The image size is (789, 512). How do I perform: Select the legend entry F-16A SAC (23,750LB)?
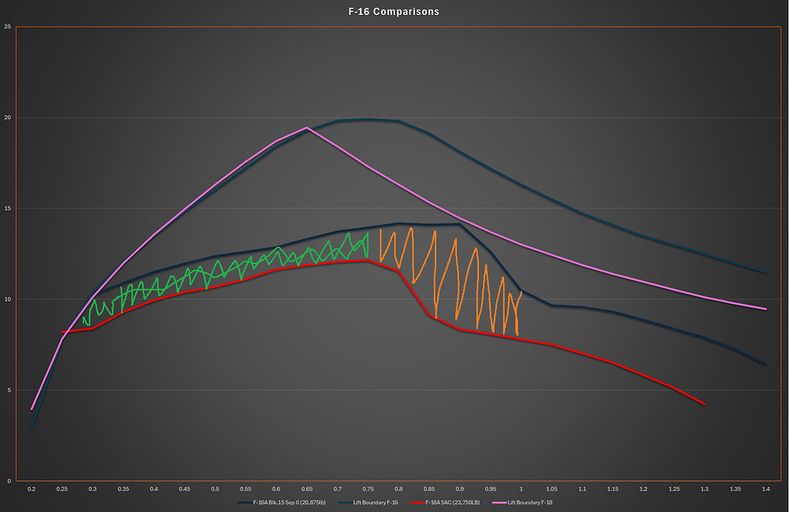pyautogui.click(x=452, y=502)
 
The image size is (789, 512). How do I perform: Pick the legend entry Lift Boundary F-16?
pyautogui.click(x=372, y=502)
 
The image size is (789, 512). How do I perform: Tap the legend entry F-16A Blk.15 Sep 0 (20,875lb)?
pyautogui.click(x=280, y=502)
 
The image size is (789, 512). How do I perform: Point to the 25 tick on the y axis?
pyautogui.click(x=7, y=27)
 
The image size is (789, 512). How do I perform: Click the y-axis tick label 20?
pyautogui.click(x=7, y=118)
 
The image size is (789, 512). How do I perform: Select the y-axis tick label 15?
pyautogui.click(x=7, y=208)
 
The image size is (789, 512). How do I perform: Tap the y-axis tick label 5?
pyautogui.click(x=9, y=390)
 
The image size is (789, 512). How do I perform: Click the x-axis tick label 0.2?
pyautogui.click(x=32, y=490)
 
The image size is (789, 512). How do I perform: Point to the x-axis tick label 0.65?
pyautogui.click(x=307, y=490)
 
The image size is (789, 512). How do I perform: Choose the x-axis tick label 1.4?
pyautogui.click(x=765, y=490)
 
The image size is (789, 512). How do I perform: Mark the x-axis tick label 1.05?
pyautogui.click(x=552, y=490)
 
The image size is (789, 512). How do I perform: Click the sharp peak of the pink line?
pyautogui.click(x=306, y=128)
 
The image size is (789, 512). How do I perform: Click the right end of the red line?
pyautogui.click(x=704, y=404)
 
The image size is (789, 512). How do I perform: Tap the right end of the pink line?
pyautogui.click(x=765, y=309)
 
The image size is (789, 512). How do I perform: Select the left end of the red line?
pyautogui.click(x=62, y=332)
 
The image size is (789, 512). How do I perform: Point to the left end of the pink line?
pyautogui.click(x=32, y=409)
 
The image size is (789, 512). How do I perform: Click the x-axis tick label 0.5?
pyautogui.click(x=215, y=490)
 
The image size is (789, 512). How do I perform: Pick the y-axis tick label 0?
pyautogui.click(x=9, y=480)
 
